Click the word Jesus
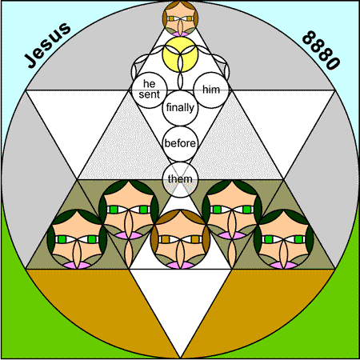(48, 45)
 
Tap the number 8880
(321, 50)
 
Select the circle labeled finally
(180, 108)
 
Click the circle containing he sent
(150, 90)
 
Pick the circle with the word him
(211, 90)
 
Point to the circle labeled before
(180, 144)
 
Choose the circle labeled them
(180, 179)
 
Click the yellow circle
(180, 54)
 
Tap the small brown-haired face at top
(180, 18)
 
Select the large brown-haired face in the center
(181, 239)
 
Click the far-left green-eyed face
(77, 239)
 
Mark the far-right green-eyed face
(284, 239)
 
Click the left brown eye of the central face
(166, 239)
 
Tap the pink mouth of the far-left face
(77, 265)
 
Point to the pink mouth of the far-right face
(284, 265)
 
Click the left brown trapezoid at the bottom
(102, 306)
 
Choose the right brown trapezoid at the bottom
(258, 306)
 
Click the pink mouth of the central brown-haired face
(181, 265)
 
